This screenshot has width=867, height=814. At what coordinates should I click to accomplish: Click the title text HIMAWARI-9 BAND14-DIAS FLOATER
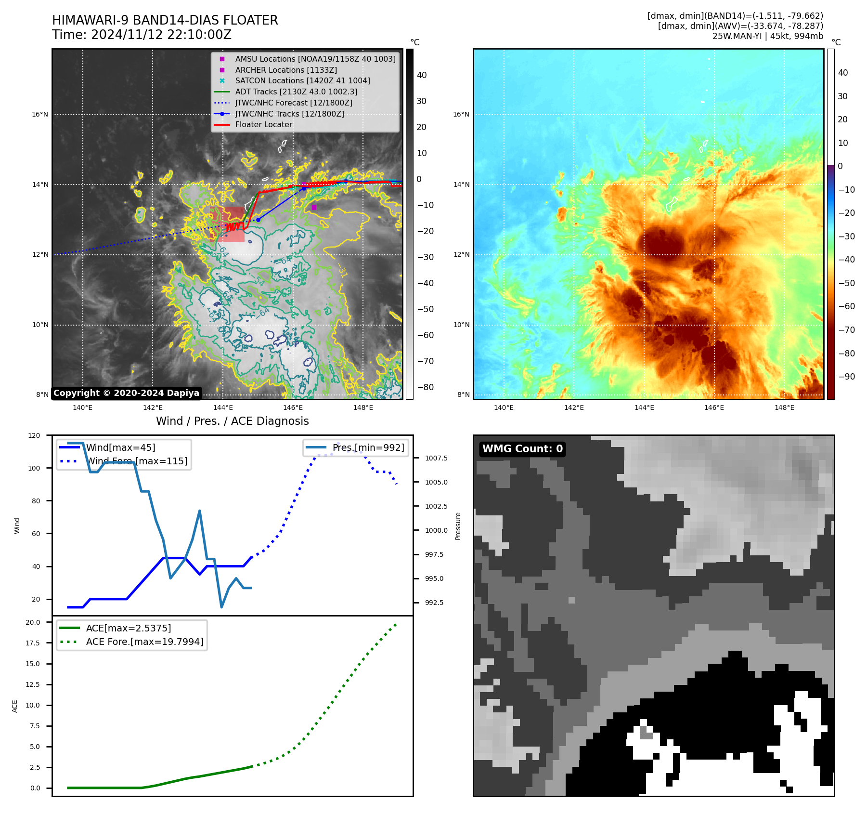(165, 20)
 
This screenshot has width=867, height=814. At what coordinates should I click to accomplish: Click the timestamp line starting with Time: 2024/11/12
(142, 35)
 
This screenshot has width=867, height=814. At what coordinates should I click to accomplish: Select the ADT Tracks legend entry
(296, 92)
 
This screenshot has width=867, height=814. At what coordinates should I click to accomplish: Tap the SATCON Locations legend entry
(302, 80)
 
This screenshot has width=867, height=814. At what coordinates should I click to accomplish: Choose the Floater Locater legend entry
(263, 124)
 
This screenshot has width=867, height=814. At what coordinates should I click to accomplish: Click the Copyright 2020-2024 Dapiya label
(126, 393)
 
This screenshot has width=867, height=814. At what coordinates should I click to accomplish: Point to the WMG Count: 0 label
(522, 449)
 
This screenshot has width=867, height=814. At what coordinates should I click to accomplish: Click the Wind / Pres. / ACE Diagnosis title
(232, 421)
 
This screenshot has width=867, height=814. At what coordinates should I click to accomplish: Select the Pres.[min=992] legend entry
(368, 447)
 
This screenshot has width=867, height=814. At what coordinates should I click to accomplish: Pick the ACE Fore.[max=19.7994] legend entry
(144, 642)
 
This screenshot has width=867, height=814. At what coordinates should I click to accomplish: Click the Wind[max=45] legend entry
(120, 447)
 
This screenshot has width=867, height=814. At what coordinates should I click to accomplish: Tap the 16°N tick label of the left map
(40, 115)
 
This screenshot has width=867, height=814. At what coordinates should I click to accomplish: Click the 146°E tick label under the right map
(714, 407)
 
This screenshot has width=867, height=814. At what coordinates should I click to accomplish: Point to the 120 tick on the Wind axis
(34, 435)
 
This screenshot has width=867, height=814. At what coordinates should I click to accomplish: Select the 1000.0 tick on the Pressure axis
(436, 530)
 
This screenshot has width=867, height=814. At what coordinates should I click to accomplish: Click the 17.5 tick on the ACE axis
(33, 643)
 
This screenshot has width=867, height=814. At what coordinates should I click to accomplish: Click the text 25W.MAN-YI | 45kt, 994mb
(767, 36)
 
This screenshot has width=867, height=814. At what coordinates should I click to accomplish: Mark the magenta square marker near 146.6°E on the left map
(314, 207)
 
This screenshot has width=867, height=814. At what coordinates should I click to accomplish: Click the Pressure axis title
(458, 526)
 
